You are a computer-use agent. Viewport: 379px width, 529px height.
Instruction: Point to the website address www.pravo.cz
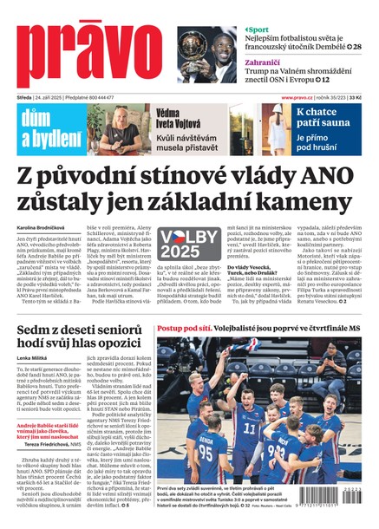tap(297, 98)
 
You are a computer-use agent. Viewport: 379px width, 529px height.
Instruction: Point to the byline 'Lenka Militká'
tap(33, 357)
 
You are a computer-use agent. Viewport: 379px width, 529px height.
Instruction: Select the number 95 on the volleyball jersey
tap(208, 448)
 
